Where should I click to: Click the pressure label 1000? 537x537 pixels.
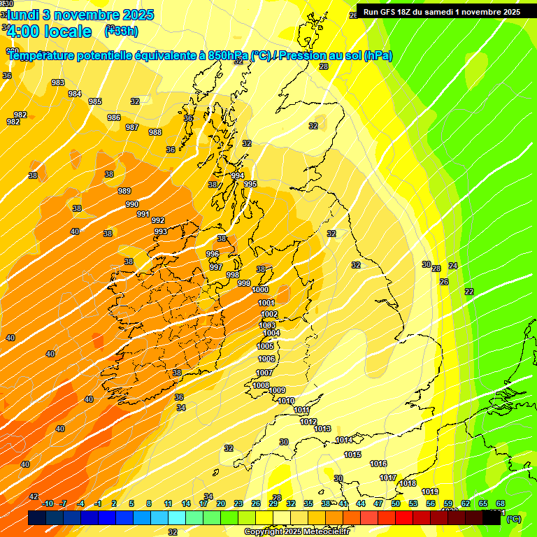(260, 289)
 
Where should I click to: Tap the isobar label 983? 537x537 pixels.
(58, 83)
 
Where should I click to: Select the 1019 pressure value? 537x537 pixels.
(430, 492)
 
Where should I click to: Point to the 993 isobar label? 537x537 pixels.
(161, 231)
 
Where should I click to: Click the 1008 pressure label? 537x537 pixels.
(261, 385)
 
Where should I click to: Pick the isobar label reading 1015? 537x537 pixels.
(352, 454)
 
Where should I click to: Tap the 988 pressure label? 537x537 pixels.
(155, 132)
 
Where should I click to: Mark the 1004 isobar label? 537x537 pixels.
(271, 334)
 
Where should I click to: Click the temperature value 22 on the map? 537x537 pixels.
(468, 292)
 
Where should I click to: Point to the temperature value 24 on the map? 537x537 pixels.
(452, 266)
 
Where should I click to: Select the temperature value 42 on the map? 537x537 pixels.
(34, 496)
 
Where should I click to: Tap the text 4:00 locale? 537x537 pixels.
(49, 31)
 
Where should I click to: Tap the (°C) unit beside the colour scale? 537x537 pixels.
(514, 519)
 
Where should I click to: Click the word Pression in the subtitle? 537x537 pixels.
(310, 55)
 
